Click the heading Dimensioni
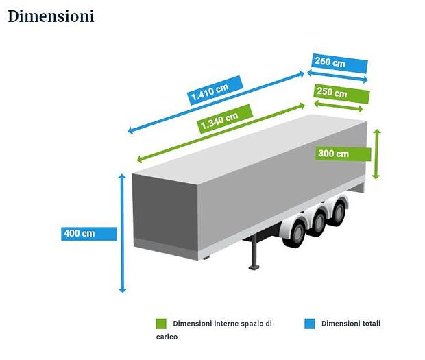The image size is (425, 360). click(51, 16)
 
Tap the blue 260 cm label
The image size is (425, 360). click(339, 64)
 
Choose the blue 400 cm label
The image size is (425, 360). click(88, 233)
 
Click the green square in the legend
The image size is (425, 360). click(161, 324)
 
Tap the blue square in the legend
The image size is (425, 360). click(310, 324)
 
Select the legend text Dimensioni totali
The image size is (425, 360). click(350, 324)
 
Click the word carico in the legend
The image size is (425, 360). click(167, 337)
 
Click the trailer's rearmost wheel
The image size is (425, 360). click(337, 210)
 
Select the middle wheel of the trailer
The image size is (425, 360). click(318, 221)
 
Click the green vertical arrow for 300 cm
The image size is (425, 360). click(376, 154)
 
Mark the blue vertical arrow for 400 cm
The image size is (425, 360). click(122, 233)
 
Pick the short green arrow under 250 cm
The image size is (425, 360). click(339, 106)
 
